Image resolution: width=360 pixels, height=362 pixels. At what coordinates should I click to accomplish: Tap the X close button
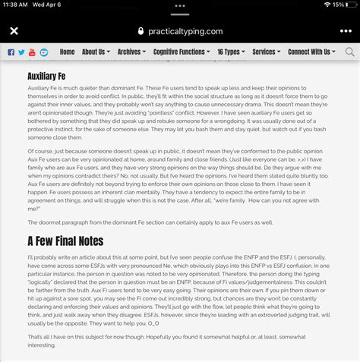14,32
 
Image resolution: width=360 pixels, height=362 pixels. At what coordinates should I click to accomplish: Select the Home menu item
67,52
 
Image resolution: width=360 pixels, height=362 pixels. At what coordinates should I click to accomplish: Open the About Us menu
95,52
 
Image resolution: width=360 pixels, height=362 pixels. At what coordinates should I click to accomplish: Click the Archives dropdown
131,52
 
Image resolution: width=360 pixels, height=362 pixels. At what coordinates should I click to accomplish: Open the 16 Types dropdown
230,52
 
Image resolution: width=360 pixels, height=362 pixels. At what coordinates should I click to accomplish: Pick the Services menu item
266,52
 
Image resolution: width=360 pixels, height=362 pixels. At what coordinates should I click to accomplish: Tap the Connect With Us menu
311,52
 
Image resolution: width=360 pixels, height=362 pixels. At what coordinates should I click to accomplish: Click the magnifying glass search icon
349,52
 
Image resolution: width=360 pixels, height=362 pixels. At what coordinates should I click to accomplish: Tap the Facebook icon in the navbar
11,52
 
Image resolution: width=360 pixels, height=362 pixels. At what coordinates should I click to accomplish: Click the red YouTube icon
32,52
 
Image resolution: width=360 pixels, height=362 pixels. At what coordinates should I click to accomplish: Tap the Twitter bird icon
21,52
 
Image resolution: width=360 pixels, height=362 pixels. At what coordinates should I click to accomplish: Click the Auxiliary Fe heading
48,77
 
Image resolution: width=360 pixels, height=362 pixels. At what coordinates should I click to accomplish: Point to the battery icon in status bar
348,5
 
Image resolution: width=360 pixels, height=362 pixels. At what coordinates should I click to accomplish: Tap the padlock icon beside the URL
140,32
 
